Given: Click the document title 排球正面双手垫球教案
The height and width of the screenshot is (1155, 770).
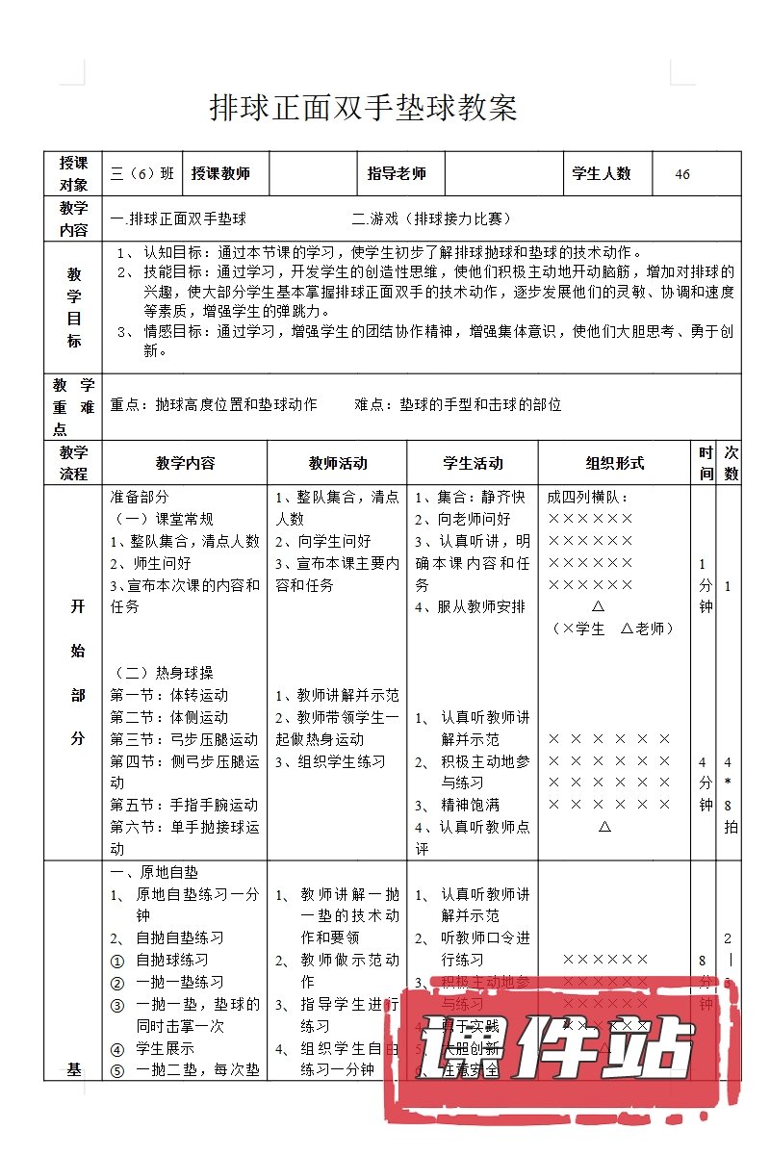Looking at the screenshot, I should click(x=364, y=108).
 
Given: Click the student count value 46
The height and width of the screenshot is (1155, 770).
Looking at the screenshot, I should click(x=682, y=174).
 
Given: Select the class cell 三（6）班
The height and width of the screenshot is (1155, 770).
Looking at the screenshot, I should click(x=142, y=174).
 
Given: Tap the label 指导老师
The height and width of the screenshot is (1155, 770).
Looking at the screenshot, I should click(x=397, y=174).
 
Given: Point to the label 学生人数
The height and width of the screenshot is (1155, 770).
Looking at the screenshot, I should click(x=602, y=174).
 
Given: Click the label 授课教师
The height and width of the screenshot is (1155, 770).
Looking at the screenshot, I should click(x=220, y=174).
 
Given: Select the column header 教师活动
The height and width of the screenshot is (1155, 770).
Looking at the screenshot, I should click(x=338, y=463).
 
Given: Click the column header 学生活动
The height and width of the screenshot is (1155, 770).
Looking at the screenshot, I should click(x=473, y=463).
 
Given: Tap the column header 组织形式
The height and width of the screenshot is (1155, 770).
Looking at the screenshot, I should click(x=615, y=463).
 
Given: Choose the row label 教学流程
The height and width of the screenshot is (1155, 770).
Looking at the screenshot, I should click(x=73, y=463).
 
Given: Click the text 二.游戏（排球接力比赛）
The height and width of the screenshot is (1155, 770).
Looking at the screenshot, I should click(x=432, y=219).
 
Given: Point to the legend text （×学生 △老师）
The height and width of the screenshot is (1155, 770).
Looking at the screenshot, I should click(x=613, y=629).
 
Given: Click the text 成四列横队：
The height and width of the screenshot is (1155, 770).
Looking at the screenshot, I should click(x=587, y=498).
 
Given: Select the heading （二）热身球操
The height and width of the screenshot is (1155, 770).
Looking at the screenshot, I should click(x=165, y=673).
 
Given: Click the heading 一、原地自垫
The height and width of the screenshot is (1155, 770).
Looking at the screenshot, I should click(x=155, y=872).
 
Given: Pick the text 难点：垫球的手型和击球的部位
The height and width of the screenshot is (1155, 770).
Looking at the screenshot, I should click(x=458, y=405).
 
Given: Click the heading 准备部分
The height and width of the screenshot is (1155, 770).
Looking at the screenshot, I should click(x=141, y=498).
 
